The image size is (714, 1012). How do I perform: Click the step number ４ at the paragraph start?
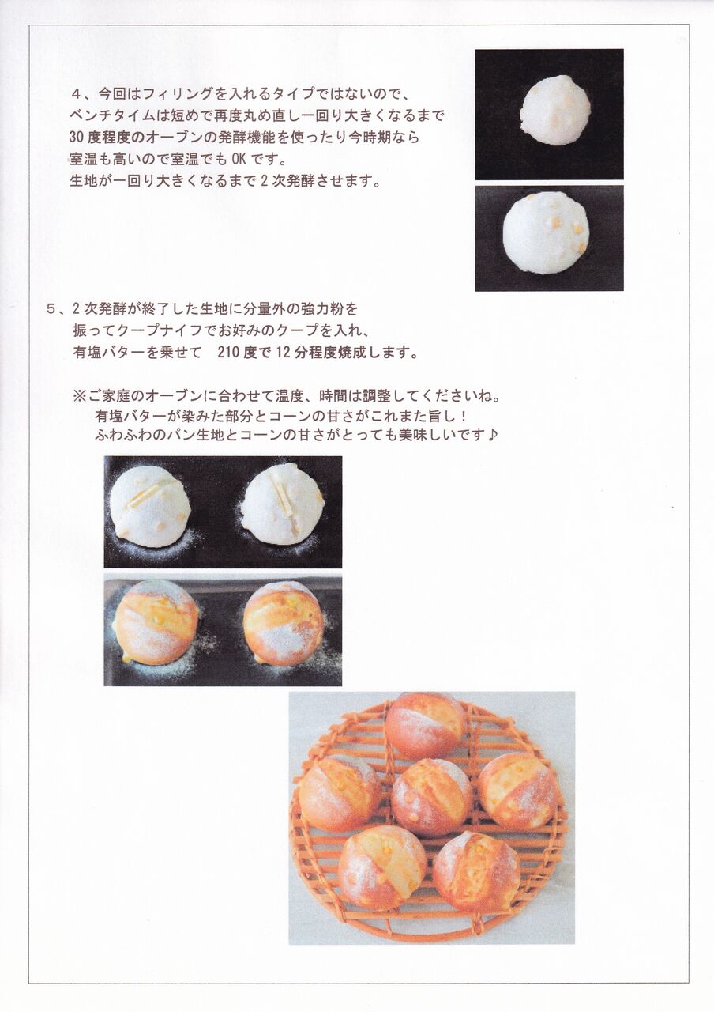click(76, 94)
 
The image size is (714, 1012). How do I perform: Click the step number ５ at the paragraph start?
click(52, 309)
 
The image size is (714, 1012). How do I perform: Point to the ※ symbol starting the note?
click(79, 397)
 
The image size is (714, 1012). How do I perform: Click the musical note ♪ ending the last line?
click(492, 435)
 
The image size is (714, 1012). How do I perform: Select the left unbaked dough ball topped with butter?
click(150, 507)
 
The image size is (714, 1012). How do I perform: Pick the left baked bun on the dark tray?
click(156, 622)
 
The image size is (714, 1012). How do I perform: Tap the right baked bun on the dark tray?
click(284, 623)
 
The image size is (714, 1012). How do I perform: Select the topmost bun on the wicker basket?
click(426, 726)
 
